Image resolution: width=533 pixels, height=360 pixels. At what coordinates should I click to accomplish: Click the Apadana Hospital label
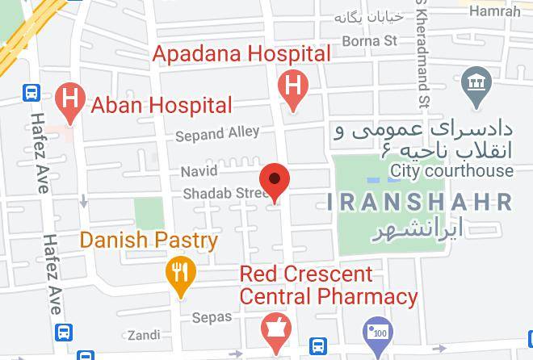(x=242, y=55)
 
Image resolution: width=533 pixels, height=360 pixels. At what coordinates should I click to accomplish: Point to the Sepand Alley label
(x=217, y=132)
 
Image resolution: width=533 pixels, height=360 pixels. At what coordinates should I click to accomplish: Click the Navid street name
(x=199, y=172)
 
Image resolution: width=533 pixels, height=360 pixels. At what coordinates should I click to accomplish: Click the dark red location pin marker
(x=275, y=181)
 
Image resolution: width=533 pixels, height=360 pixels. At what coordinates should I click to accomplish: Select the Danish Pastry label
(x=149, y=241)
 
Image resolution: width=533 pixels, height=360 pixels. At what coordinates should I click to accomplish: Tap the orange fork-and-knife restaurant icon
(x=178, y=273)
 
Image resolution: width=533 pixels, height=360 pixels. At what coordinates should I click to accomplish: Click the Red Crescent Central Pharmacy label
(x=327, y=286)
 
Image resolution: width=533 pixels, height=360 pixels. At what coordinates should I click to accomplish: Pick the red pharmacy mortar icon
(x=275, y=329)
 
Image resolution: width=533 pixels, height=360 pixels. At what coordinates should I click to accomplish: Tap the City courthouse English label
(x=451, y=170)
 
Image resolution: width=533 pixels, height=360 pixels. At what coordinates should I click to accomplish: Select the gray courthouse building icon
(x=475, y=84)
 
